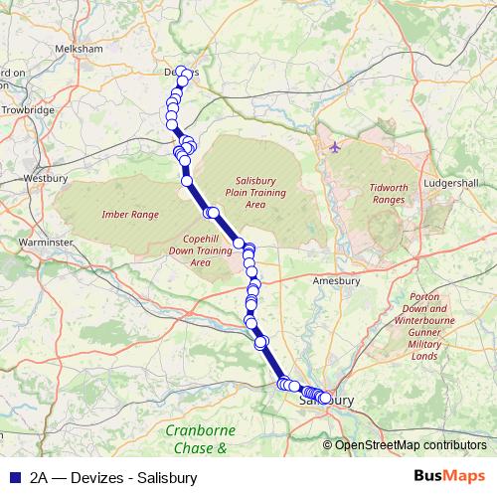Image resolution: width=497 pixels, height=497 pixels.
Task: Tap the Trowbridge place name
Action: [28, 110]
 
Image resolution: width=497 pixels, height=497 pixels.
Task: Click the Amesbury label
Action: [335, 281]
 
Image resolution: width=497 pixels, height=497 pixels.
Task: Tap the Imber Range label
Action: [130, 214]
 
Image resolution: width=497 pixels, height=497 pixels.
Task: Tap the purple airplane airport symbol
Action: [334, 148]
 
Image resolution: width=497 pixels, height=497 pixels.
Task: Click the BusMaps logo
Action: [449, 476]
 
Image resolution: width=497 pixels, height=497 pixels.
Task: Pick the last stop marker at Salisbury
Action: [325, 399]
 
